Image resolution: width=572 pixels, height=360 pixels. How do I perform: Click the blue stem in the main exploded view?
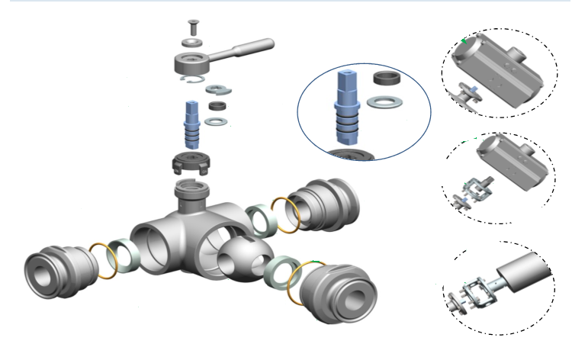point(193,125)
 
